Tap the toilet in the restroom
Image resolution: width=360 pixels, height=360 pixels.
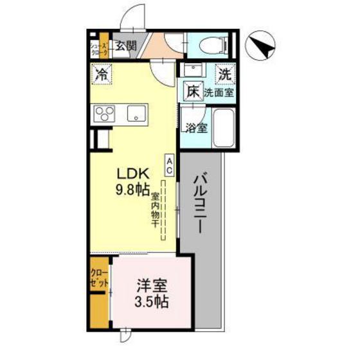(212, 44)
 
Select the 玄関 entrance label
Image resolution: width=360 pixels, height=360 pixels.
(126, 46)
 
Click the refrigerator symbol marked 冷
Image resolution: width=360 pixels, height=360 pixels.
(101, 74)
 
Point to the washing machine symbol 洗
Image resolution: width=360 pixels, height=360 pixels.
(224, 74)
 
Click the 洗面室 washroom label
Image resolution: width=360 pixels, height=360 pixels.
(219, 93)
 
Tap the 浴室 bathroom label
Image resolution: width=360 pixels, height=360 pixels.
(196, 127)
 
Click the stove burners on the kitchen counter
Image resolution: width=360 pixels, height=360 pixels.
(105, 114)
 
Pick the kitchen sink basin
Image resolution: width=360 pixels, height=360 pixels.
(137, 114)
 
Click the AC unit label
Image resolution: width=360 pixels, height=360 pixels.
(170, 166)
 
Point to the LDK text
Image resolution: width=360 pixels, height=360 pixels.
(132, 174)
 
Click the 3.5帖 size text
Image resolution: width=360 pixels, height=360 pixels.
(152, 301)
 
